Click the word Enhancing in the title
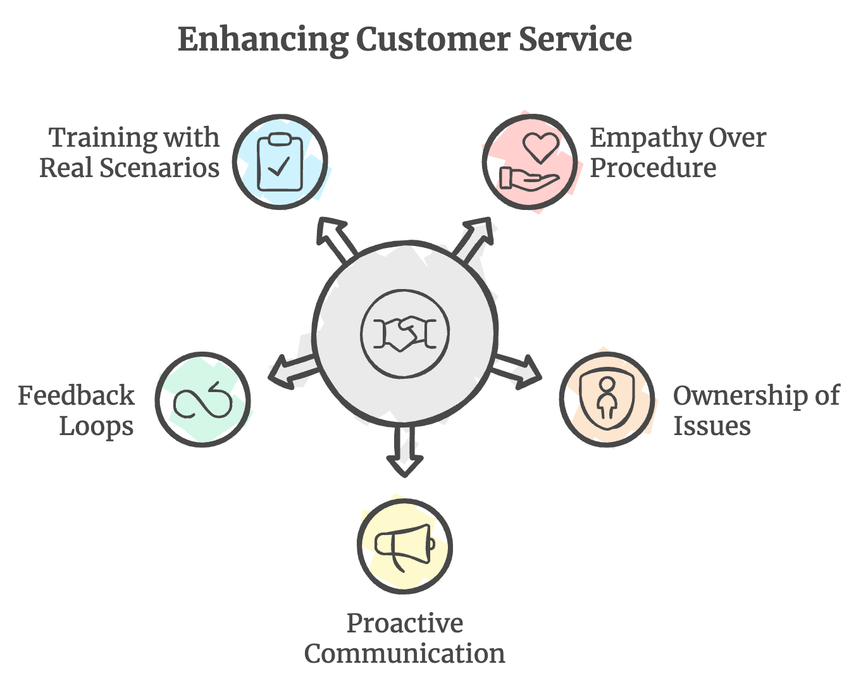tap(263, 39)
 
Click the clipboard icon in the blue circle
tap(280, 162)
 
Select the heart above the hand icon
tap(541, 147)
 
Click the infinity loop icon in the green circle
tap(202, 400)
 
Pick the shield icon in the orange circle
tap(607, 400)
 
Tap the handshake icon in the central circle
tap(405, 333)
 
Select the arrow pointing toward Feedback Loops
tap(291, 371)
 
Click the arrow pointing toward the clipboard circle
tap(335, 238)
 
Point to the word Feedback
tap(76, 396)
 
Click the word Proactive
tap(405, 624)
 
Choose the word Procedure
tap(653, 168)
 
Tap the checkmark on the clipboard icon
tap(279, 166)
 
